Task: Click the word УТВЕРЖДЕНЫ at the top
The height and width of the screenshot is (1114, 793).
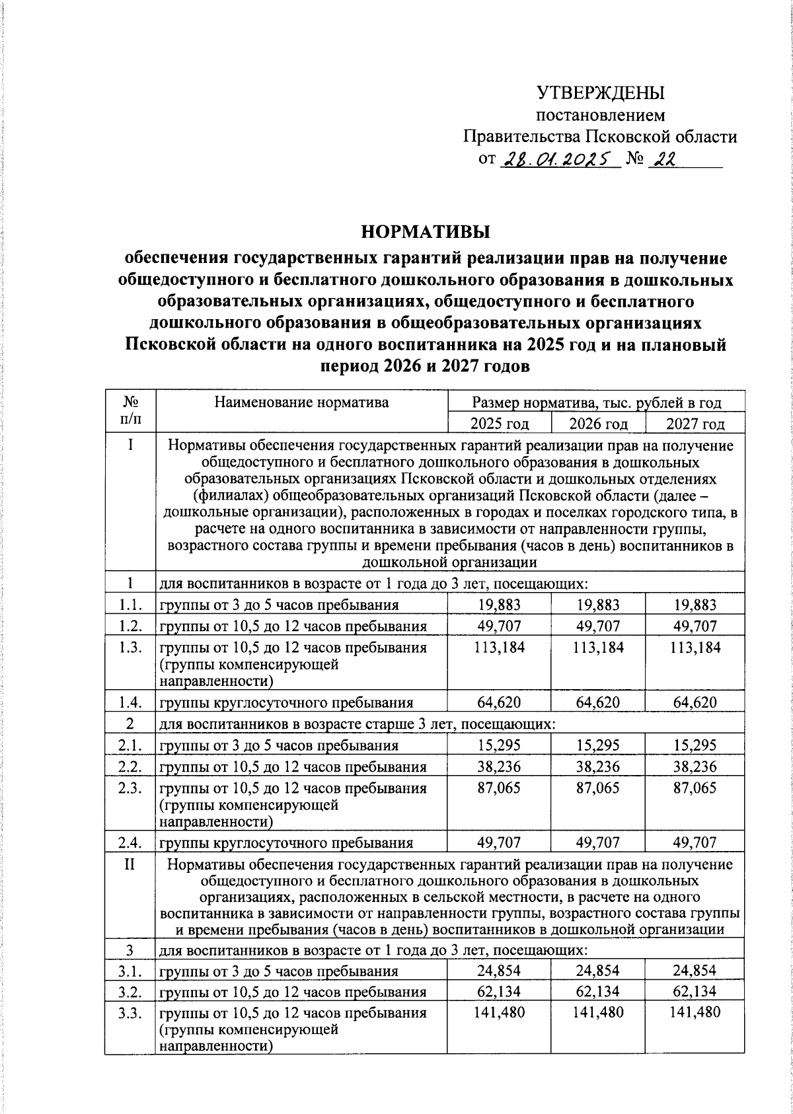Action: coord(600,93)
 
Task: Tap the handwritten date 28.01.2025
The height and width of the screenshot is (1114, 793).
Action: coord(560,159)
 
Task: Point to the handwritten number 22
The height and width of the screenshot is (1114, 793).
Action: coord(663,159)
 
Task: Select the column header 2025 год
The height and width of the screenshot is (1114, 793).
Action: coord(499,424)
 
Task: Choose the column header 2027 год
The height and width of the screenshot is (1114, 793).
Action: coord(695,424)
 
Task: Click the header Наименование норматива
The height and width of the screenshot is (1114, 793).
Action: coord(302,402)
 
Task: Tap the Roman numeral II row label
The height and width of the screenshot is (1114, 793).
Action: coord(130,864)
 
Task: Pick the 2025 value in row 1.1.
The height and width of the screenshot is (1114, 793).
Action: coord(499,605)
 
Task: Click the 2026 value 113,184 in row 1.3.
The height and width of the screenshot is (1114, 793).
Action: coord(598,648)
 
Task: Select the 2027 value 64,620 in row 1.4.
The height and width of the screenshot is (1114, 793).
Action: coord(695,702)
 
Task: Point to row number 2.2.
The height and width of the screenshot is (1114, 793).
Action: coord(130,766)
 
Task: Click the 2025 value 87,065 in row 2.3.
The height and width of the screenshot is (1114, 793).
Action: coord(499,788)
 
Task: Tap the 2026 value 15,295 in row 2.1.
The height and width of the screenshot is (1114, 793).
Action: coord(598,745)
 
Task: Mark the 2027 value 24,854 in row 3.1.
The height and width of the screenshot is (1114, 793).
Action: coord(695,971)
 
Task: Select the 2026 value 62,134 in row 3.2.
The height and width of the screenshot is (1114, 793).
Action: coord(598,991)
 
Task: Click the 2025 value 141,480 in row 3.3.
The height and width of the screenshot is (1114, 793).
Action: coord(499,1012)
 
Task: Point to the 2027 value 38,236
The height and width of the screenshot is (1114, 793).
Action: coord(695,766)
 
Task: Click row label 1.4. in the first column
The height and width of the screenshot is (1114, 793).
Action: coord(130,702)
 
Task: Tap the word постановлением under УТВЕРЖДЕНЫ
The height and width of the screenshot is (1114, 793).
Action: coord(600,115)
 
